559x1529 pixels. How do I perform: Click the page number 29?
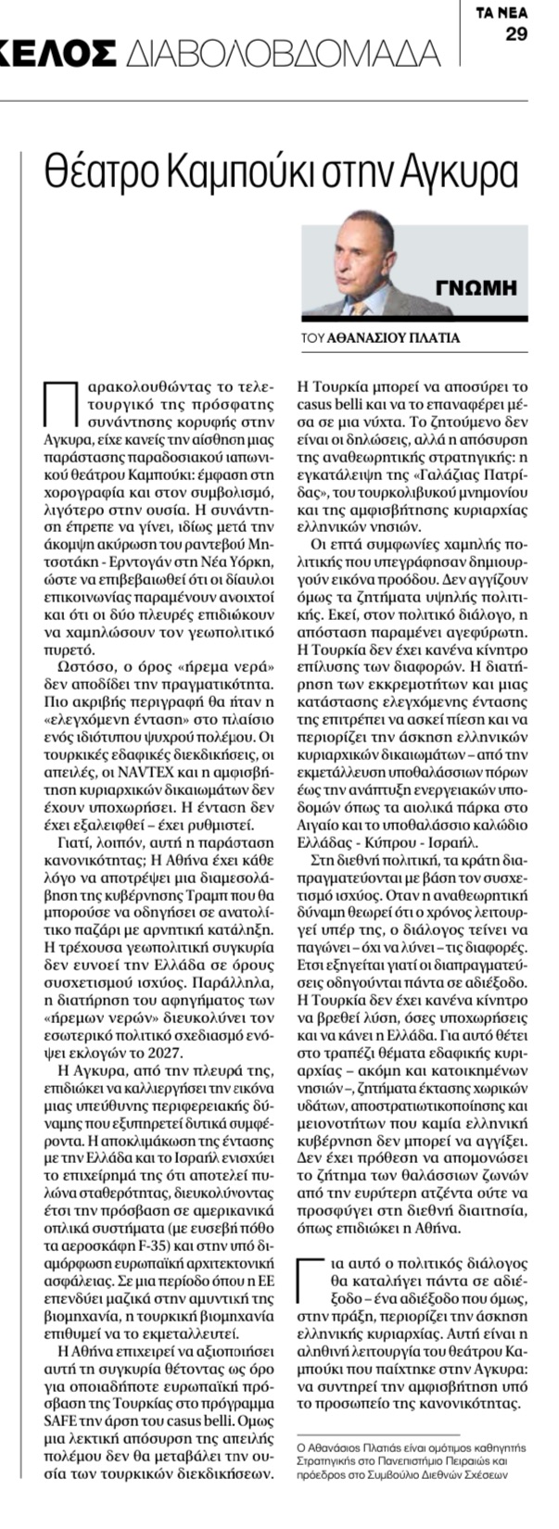(x=516, y=35)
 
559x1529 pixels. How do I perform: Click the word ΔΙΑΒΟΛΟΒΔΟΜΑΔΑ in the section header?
(x=284, y=55)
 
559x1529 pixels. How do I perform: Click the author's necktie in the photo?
(x=358, y=307)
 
